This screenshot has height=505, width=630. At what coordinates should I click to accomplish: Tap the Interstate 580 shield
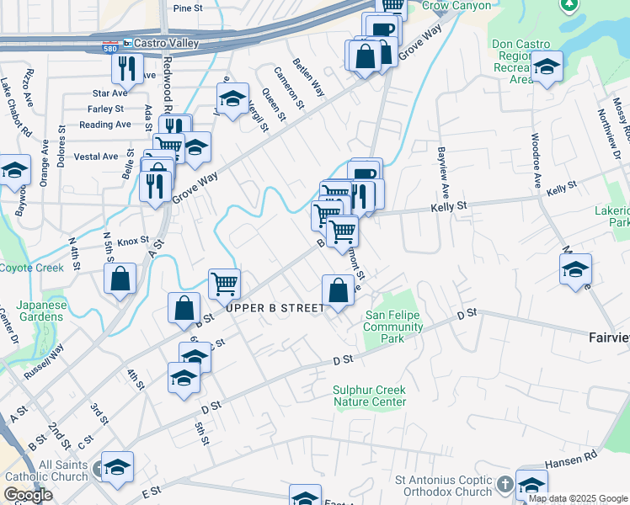pyautogui.click(x=109, y=44)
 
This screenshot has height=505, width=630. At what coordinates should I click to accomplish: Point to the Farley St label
pyautogui.click(x=105, y=109)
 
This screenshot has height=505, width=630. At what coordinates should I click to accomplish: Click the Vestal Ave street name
pyautogui.click(x=96, y=157)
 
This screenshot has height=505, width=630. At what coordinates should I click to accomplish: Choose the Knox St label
pyautogui.click(x=133, y=241)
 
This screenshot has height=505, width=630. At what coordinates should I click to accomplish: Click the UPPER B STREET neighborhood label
pyautogui.click(x=275, y=309)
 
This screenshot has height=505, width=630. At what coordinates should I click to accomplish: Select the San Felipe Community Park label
pyautogui.click(x=393, y=327)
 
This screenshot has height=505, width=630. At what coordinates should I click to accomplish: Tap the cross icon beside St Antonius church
pyautogui.click(x=505, y=485)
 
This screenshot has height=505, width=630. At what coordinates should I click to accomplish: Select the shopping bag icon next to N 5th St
pyautogui.click(x=120, y=278)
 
